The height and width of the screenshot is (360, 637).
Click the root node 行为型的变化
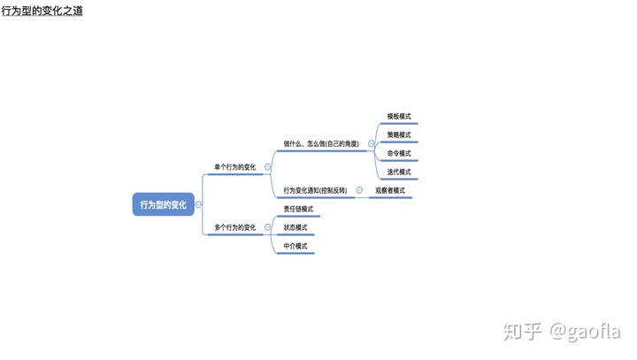[x=163, y=204]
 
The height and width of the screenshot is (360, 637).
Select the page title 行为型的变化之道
[x=42, y=11]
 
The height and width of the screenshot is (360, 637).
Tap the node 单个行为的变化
[x=235, y=166]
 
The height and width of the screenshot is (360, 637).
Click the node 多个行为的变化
[x=235, y=227]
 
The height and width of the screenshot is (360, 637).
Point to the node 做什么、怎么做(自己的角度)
[x=321, y=143]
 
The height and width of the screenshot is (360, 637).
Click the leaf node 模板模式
[x=399, y=116]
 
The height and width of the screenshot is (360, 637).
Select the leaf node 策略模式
[x=399, y=134]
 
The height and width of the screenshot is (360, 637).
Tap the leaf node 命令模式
[x=399, y=153]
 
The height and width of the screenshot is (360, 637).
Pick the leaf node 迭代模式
[x=399, y=172]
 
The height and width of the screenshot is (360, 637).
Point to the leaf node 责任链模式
[x=298, y=209]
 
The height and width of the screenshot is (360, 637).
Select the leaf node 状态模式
[x=295, y=227]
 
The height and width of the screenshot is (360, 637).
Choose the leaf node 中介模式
[x=295, y=246]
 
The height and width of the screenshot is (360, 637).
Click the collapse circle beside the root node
[x=198, y=204]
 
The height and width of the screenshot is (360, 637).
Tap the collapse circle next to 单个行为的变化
[x=267, y=166]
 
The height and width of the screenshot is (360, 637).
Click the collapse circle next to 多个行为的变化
[x=267, y=227]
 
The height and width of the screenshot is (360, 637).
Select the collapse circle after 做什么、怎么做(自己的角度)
[x=371, y=143]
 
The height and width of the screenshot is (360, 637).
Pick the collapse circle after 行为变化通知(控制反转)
[x=359, y=190]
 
